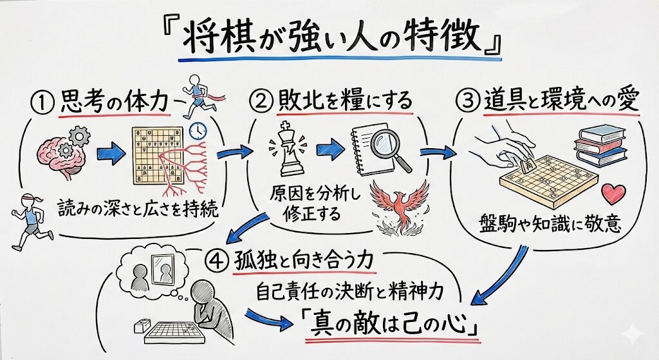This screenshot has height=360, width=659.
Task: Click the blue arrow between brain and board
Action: (111, 154)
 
